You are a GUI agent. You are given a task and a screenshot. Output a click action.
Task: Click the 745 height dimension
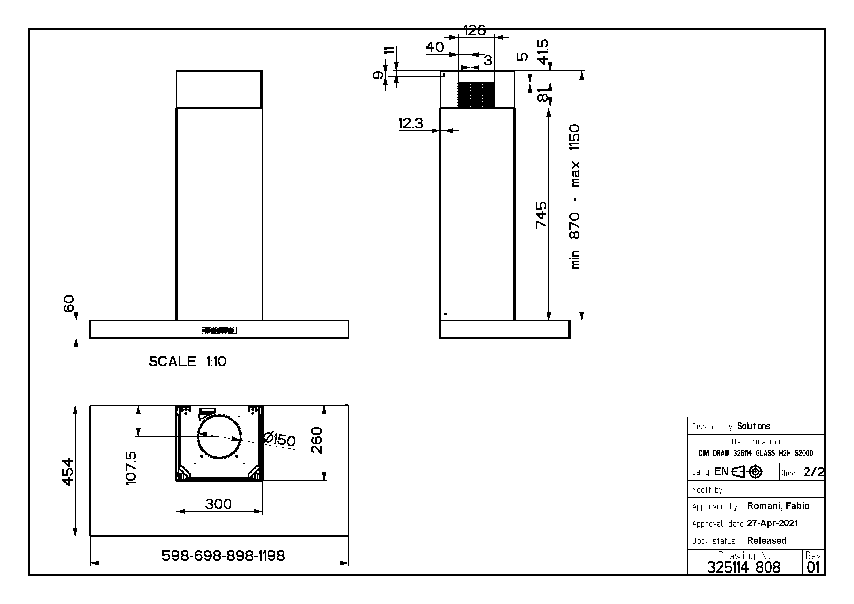(x=541, y=215)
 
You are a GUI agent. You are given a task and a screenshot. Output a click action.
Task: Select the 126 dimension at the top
(x=475, y=30)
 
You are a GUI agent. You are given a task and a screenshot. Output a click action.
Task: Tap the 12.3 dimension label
(x=411, y=123)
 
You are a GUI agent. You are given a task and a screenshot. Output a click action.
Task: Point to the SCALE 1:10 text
(x=187, y=361)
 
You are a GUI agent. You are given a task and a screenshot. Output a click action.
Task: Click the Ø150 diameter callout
(x=279, y=439)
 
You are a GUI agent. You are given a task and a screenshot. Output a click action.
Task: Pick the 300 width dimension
(x=218, y=504)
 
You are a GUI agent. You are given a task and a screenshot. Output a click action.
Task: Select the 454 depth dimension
(x=68, y=472)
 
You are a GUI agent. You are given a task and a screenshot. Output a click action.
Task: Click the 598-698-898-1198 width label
(x=223, y=555)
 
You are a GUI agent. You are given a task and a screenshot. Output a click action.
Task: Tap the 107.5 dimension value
(x=131, y=468)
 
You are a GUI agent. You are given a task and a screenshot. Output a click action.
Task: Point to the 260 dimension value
(x=317, y=440)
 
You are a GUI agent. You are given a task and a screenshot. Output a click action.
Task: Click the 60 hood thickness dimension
(x=69, y=303)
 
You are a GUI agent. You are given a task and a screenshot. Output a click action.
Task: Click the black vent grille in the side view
(x=476, y=95)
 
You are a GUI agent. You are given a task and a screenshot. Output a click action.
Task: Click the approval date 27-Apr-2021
(x=773, y=523)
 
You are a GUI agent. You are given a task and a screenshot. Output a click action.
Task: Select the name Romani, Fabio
(x=778, y=506)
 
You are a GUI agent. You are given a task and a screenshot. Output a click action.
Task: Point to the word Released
(x=767, y=540)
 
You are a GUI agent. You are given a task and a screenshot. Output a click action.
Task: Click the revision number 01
(x=813, y=567)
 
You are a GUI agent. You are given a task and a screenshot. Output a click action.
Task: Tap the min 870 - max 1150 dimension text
(x=575, y=196)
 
